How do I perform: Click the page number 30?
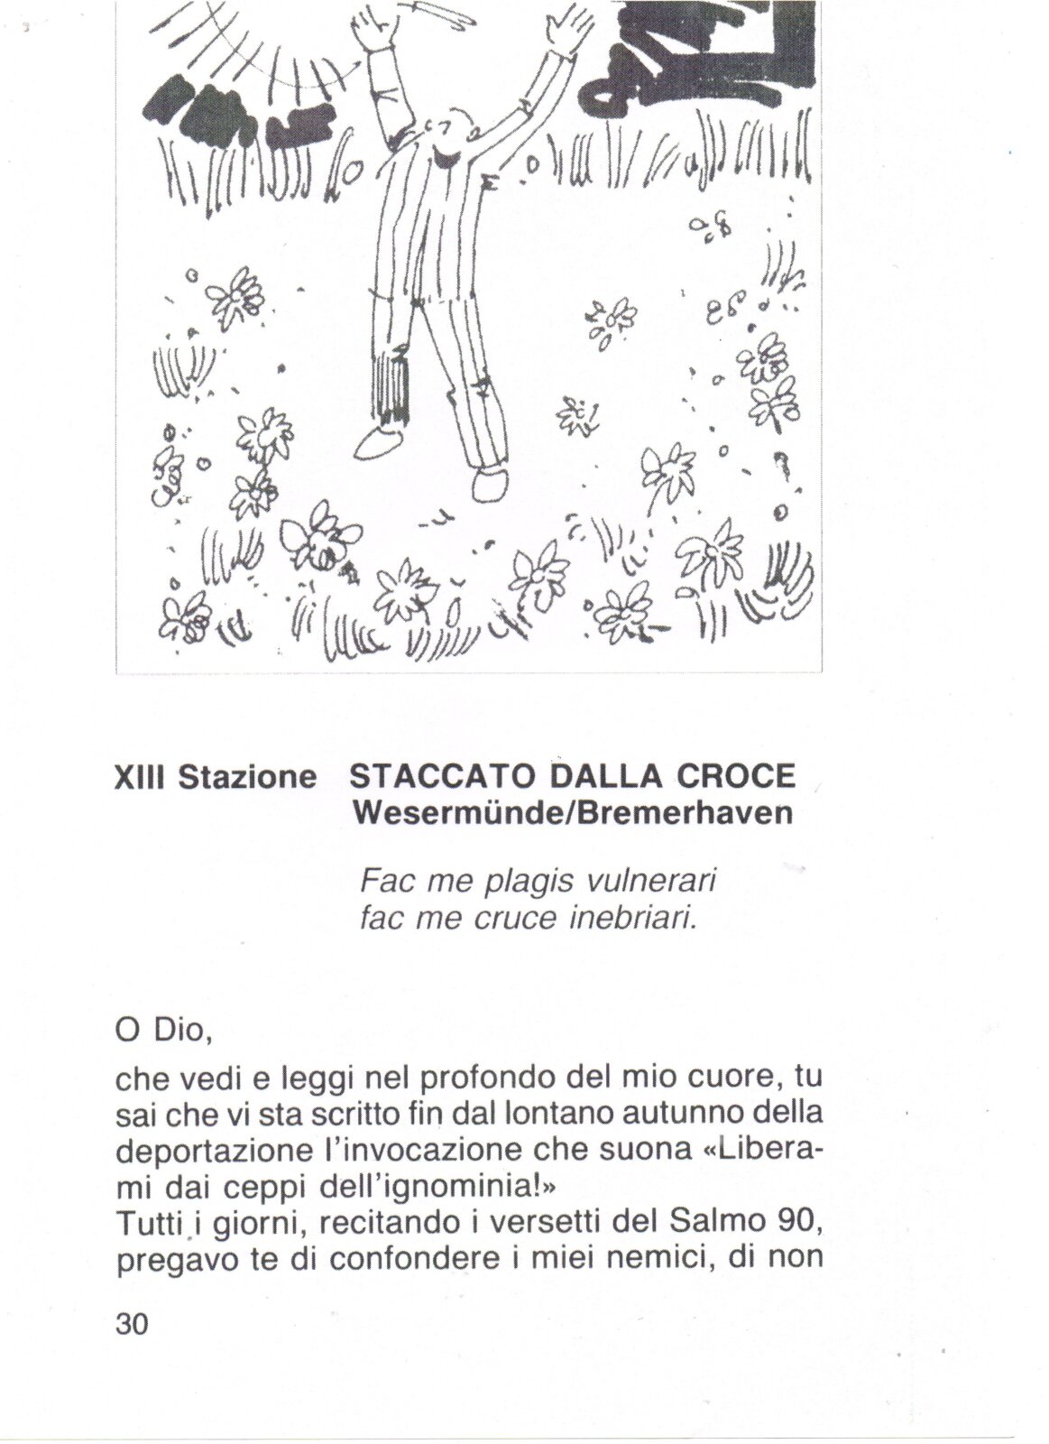click(x=132, y=1325)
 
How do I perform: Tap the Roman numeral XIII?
click(x=143, y=777)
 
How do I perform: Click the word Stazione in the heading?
click(x=248, y=777)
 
